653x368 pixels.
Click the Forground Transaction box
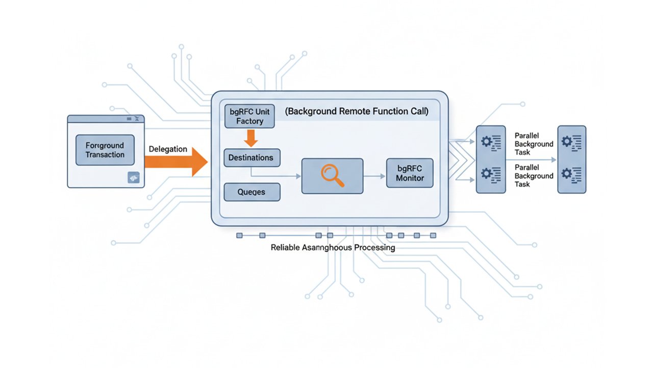pyautogui.click(x=105, y=150)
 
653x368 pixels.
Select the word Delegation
pyautogui.click(x=168, y=149)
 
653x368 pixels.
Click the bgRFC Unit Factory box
pyautogui.click(x=250, y=116)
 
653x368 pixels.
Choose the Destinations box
pyautogui.click(x=251, y=157)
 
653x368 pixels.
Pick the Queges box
pyautogui.click(x=252, y=192)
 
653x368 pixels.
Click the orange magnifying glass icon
pyautogui.click(x=333, y=176)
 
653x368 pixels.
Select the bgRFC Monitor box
pyautogui.click(x=410, y=173)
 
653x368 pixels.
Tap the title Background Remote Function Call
pyautogui.click(x=356, y=111)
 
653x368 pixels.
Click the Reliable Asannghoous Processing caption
pyautogui.click(x=333, y=247)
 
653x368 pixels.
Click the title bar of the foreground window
pyautogui.click(x=106, y=119)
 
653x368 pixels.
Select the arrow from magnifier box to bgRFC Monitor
pyautogui.click(x=374, y=176)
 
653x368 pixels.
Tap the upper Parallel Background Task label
pyautogui.click(x=534, y=144)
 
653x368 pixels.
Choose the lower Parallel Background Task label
pyautogui.click(x=534, y=176)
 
